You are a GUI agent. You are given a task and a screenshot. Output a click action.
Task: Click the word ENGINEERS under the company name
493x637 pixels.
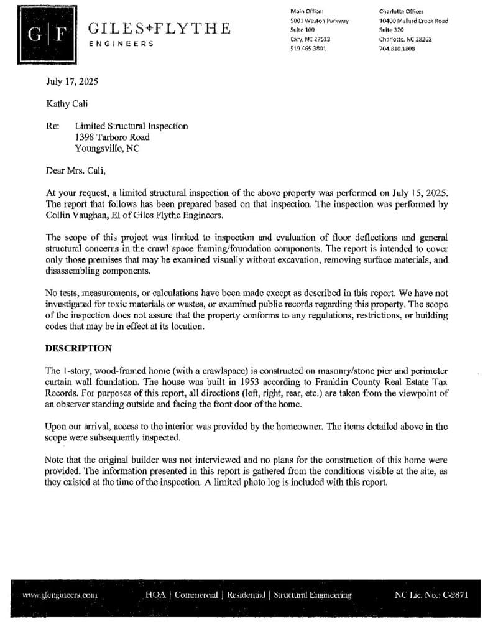[x=121, y=44]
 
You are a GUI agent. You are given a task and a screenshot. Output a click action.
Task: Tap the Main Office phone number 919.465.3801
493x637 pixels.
[x=308, y=49]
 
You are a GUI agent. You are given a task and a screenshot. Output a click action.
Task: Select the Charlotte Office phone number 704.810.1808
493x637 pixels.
[x=397, y=49]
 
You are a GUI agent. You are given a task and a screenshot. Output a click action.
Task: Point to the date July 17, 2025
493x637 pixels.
[x=72, y=81]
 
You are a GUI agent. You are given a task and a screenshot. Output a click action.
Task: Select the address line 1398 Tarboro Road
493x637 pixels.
[x=112, y=137]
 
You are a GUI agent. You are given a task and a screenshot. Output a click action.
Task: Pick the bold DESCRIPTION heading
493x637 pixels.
[x=79, y=348]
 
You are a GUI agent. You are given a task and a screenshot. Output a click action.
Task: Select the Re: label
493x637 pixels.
[x=53, y=126]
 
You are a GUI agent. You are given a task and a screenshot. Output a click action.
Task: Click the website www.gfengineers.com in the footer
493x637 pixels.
[x=60, y=595]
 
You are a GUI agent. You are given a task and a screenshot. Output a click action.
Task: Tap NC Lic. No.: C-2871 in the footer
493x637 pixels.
[x=431, y=595]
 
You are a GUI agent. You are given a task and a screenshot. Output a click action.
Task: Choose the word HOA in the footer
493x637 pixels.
[x=155, y=595]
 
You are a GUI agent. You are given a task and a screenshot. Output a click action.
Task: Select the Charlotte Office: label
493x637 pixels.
[x=401, y=11]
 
